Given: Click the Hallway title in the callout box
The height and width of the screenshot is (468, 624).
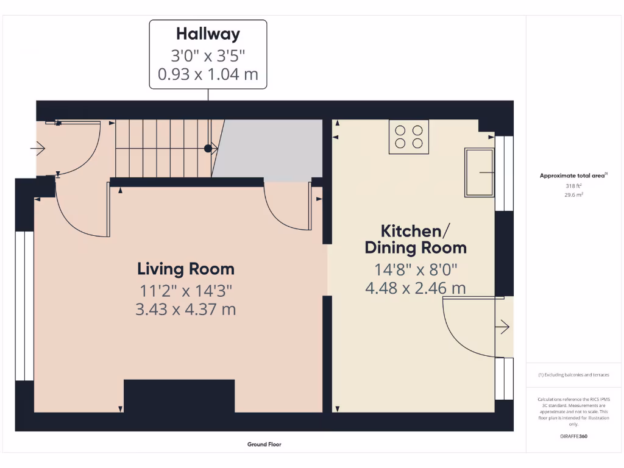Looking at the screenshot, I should click(208, 34).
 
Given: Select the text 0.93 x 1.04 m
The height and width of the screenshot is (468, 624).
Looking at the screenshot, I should click(208, 74).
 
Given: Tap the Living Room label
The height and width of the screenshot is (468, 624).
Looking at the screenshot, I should click(185, 269).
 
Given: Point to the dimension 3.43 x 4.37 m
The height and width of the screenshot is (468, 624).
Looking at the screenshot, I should click(185, 309).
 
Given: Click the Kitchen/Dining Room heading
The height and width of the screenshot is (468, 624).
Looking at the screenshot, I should click(416, 239).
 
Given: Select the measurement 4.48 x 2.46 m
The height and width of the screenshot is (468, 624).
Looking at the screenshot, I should click(416, 288).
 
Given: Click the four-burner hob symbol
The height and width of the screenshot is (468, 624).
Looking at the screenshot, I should click(409, 136).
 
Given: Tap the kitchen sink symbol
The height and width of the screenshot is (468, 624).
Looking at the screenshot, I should click(480, 172).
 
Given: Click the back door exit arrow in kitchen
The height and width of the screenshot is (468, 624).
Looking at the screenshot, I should click(503, 327).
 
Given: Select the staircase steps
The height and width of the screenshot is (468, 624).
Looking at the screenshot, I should click(161, 148).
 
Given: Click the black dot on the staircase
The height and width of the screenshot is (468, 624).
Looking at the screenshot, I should click(208, 148).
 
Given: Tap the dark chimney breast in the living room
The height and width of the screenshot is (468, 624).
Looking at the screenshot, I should click(179, 395).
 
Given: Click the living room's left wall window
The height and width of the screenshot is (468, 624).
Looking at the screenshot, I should click(24, 305).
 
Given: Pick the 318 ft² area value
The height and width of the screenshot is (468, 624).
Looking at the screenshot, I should click(573, 186).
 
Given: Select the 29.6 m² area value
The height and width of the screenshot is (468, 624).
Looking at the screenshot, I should click(573, 195).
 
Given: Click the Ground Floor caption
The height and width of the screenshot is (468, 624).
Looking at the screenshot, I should click(264, 444).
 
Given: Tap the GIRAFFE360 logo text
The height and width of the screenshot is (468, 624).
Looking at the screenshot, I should click(573, 436).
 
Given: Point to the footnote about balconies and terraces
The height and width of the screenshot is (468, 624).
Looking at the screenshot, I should click(573, 375).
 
